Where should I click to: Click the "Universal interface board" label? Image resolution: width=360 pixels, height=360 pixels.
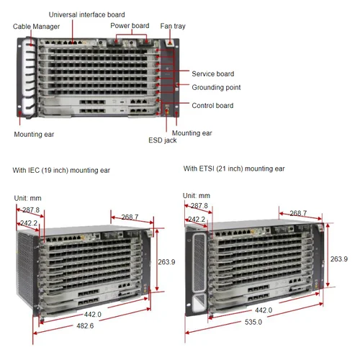[86, 14]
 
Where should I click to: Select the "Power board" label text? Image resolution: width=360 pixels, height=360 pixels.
[130, 26]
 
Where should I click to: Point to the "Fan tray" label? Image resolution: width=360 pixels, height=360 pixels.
[172, 26]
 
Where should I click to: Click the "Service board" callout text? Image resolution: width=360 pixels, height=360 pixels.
[212, 73]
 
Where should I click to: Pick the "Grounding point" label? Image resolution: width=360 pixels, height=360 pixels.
[216, 87]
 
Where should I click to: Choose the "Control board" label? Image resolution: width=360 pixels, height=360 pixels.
[212, 105]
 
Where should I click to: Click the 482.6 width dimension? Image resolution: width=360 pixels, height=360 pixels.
[85, 326]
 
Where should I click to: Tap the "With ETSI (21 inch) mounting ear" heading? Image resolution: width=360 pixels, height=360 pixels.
[234, 168]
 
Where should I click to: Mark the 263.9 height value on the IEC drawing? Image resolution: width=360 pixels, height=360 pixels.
[166, 262]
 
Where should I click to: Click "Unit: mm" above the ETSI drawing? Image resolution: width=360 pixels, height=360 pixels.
[196, 195]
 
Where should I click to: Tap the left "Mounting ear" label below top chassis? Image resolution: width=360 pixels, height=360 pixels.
[34, 134]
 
